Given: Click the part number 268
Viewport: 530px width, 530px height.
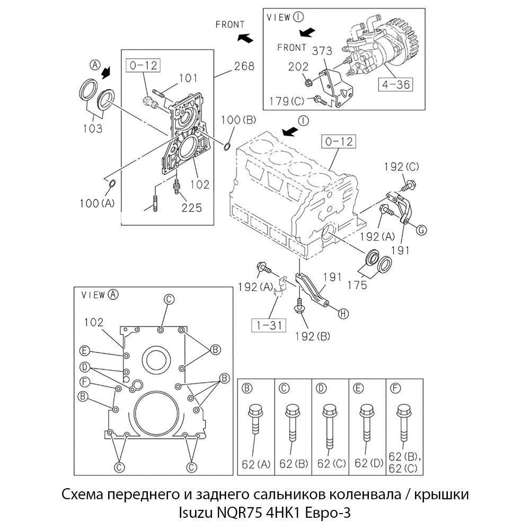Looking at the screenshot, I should (244, 66).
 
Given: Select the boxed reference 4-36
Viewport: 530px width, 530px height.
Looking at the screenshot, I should (395, 83).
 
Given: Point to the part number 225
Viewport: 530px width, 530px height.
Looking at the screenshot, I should (191, 208).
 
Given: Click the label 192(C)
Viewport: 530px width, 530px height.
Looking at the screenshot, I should (402, 167).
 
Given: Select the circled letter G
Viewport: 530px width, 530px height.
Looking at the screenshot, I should (421, 229).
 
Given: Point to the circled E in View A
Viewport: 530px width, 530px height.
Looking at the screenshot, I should (84, 350).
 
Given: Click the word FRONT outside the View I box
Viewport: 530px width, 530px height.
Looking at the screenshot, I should (229, 24).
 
